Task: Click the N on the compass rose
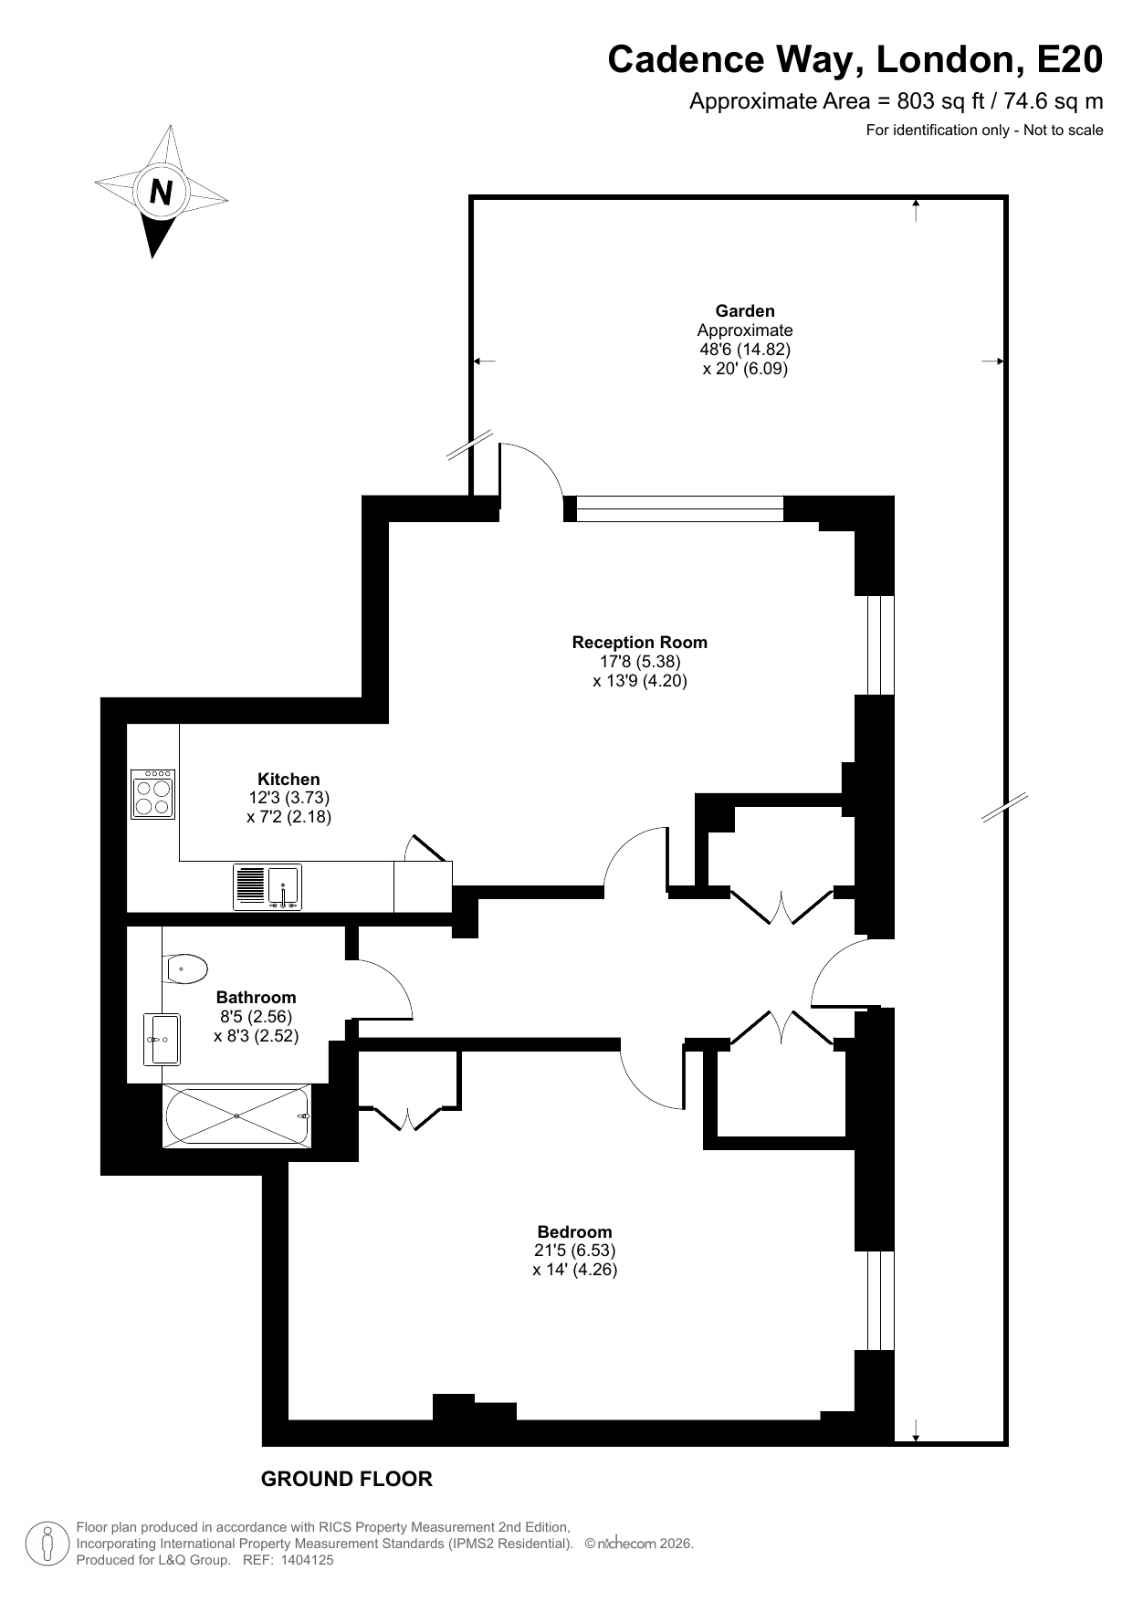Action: pyautogui.click(x=162, y=193)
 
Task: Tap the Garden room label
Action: pyautogui.click(x=745, y=311)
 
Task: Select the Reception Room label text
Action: pyautogui.click(x=639, y=643)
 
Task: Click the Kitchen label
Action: pyautogui.click(x=288, y=779)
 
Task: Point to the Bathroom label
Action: pyautogui.click(x=256, y=998)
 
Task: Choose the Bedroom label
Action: pyautogui.click(x=574, y=1231)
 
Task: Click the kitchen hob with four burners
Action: pyautogui.click(x=153, y=794)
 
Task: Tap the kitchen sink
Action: pyautogui.click(x=268, y=886)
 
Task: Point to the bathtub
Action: pyautogui.click(x=237, y=1115)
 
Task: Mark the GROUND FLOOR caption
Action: pyautogui.click(x=347, y=1479)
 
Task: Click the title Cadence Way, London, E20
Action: pyautogui.click(x=855, y=59)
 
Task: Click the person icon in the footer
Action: pyautogui.click(x=47, y=1544)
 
